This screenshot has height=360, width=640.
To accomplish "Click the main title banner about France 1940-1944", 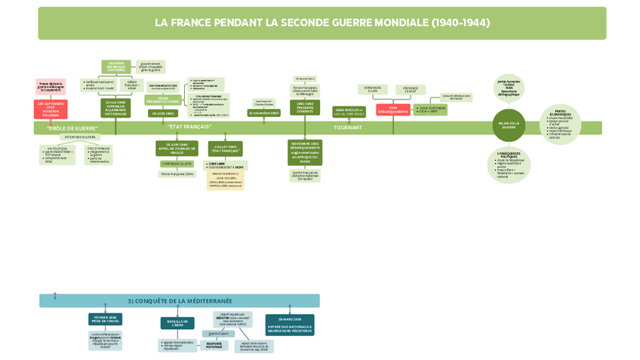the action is (x=322, y=23).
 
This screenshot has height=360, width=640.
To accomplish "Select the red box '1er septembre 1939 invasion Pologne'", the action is (x=51, y=109).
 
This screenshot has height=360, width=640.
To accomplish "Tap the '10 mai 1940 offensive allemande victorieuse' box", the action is (x=115, y=108).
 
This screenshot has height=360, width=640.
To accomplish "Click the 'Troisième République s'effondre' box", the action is (x=116, y=66).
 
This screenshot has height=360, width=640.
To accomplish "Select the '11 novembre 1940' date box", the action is (x=264, y=112).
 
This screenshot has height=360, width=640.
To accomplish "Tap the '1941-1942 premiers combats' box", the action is (x=305, y=107).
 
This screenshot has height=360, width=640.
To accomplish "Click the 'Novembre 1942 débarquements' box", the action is (x=305, y=152).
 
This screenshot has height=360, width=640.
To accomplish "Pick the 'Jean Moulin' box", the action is (x=349, y=112).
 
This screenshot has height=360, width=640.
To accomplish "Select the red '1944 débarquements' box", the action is (x=393, y=109).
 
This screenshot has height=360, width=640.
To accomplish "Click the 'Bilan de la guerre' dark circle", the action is (x=509, y=125).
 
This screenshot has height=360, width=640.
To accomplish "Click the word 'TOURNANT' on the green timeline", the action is (x=348, y=128).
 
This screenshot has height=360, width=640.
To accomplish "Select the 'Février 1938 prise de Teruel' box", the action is (x=104, y=319).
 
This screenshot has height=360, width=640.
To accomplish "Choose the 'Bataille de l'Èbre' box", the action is (x=177, y=323).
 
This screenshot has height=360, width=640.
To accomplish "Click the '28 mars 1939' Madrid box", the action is (x=290, y=322).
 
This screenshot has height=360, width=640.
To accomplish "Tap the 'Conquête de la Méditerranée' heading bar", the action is (x=180, y=300).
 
